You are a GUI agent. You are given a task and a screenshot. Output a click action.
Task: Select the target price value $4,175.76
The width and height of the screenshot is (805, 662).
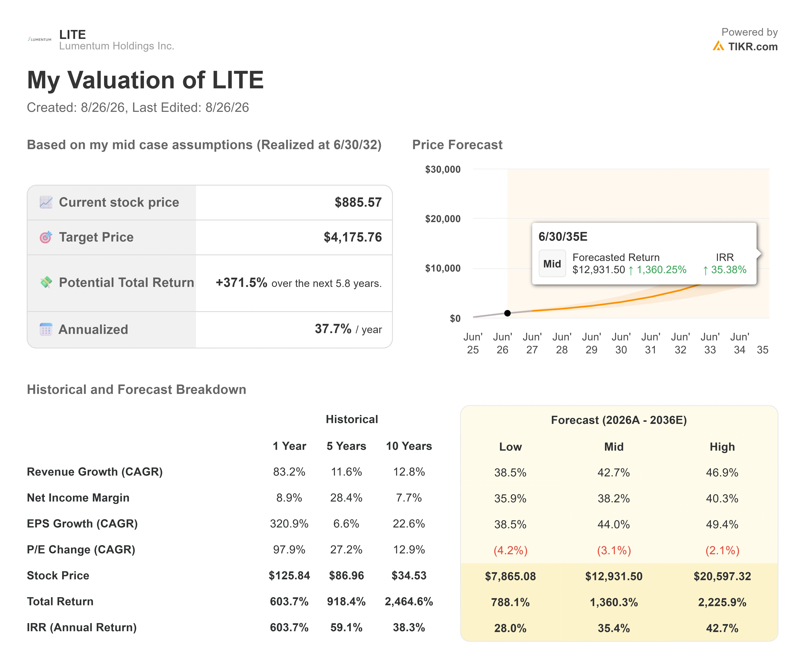[x=353, y=237]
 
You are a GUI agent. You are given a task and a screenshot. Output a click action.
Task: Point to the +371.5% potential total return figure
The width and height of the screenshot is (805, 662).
[x=241, y=283]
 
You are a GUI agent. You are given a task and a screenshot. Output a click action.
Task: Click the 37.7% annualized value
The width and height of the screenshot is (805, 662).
[x=333, y=329]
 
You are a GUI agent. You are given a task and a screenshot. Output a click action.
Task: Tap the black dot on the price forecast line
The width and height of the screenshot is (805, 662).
[x=507, y=313]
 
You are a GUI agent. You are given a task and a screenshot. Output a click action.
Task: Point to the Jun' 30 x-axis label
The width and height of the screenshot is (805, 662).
[x=621, y=343]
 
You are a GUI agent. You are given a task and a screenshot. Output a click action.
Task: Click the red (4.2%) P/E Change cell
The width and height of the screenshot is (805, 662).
[x=510, y=550]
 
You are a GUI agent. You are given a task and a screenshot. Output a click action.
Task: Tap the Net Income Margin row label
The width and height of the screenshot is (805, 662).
[x=78, y=498]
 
